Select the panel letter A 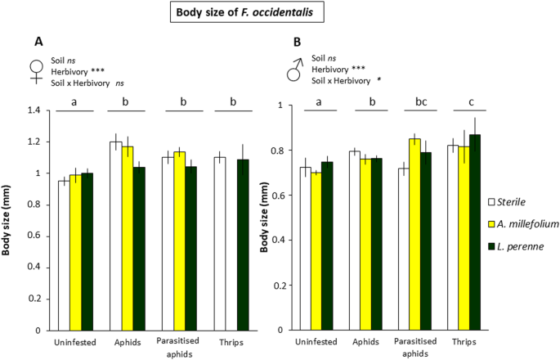click(x=38, y=41)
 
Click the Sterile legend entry click(x=511, y=200)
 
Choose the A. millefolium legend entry click(x=520, y=223)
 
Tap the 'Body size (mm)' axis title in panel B click(x=265, y=217)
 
